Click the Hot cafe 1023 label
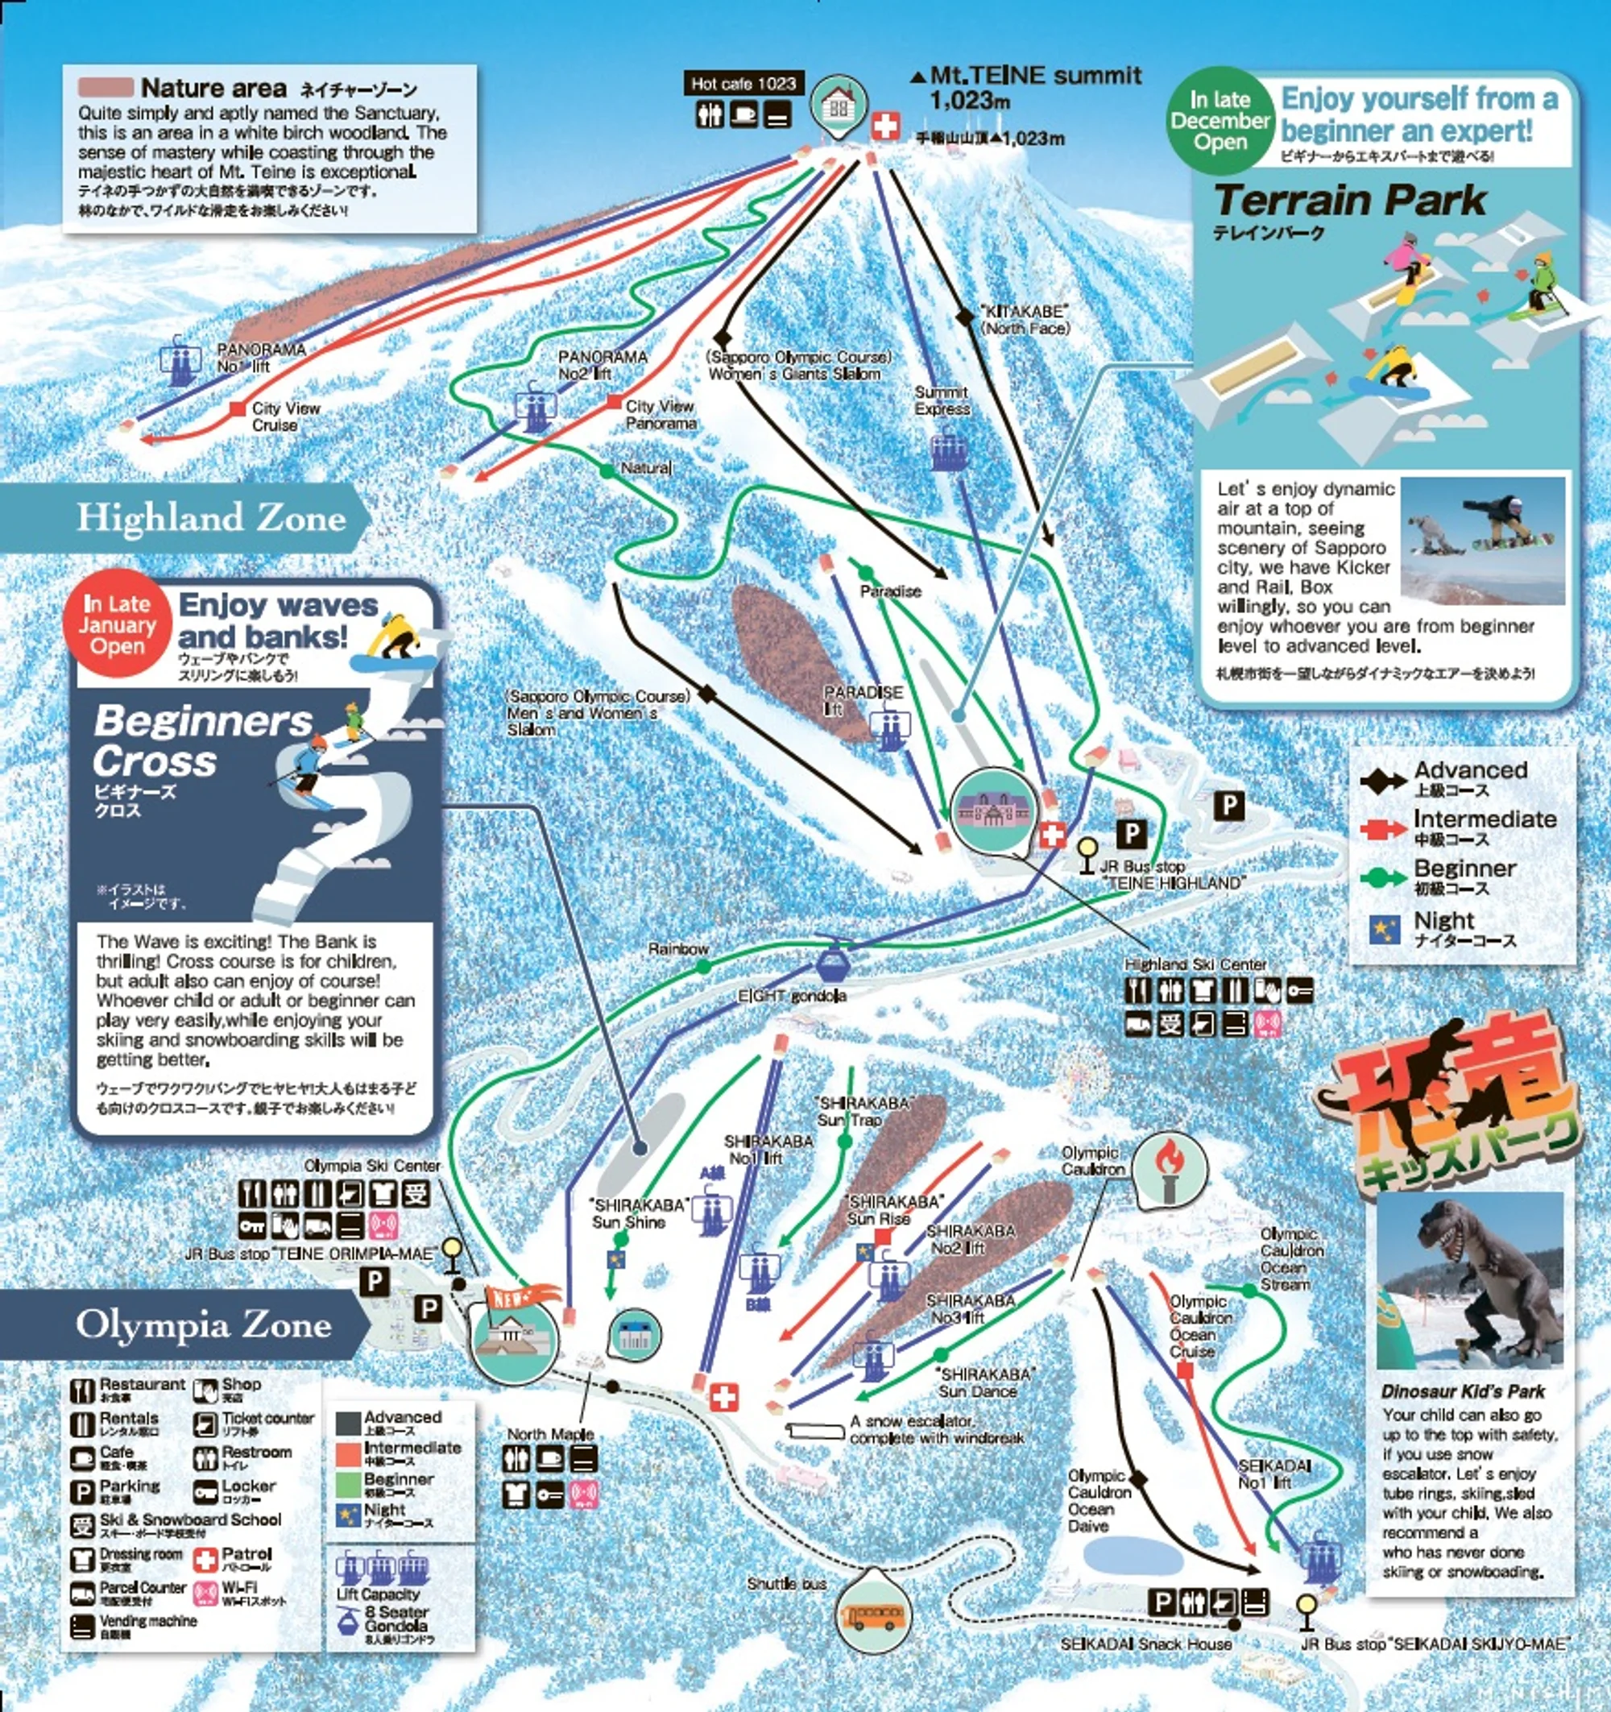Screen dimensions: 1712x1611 (x=743, y=84)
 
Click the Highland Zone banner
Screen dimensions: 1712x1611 (x=211, y=517)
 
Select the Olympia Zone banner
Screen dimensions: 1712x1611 (x=203, y=1324)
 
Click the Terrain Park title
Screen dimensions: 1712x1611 (x=1349, y=200)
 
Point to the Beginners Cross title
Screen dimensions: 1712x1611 (x=202, y=740)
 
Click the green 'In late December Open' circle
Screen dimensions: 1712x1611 (x=1220, y=121)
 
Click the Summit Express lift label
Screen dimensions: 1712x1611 (x=941, y=400)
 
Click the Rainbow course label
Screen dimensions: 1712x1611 (x=677, y=949)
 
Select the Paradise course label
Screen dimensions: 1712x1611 (x=890, y=591)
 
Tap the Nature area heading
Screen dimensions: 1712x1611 (x=213, y=88)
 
